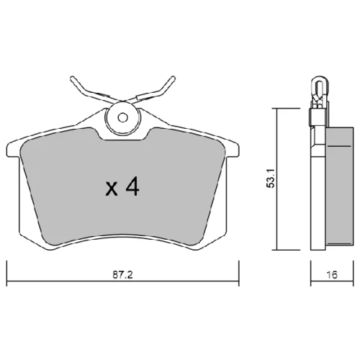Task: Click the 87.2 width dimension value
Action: point(122,275)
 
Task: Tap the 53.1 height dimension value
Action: point(271,179)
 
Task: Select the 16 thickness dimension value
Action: point(332,275)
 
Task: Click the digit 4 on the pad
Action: point(132,186)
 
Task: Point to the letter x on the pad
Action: point(112,189)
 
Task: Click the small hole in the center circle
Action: point(123,117)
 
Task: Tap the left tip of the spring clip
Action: point(72,78)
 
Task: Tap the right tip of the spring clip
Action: point(173,78)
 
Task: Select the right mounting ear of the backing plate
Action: point(232,150)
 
